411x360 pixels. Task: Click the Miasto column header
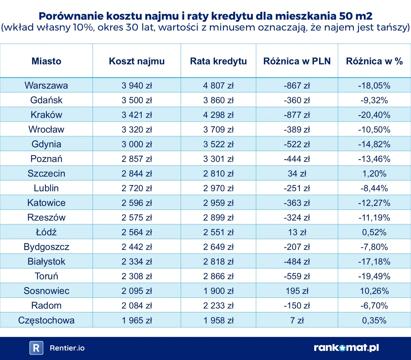tap(46, 61)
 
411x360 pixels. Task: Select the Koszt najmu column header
tap(137, 61)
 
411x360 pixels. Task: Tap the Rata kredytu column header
tap(218, 61)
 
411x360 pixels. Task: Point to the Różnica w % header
tap(374, 61)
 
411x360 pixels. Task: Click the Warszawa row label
tap(46, 85)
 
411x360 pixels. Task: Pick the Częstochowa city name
tap(46, 320)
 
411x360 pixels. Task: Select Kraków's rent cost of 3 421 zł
tap(137, 115)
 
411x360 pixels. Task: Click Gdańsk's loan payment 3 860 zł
tap(218, 100)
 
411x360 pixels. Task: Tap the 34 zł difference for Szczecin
tap(297, 174)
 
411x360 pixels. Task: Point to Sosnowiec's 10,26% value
tap(374, 291)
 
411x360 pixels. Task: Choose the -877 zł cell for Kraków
tap(297, 115)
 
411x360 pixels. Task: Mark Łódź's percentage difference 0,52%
tap(374, 232)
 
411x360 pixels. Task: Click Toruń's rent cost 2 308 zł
tap(137, 276)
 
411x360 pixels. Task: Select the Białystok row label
tap(46, 262)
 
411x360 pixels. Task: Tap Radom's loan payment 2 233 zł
tap(218, 306)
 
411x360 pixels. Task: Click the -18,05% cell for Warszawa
tap(374, 86)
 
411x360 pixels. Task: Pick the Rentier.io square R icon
tap(36, 348)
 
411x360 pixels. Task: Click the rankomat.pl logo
tap(346, 348)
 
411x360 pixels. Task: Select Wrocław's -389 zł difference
tap(297, 130)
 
